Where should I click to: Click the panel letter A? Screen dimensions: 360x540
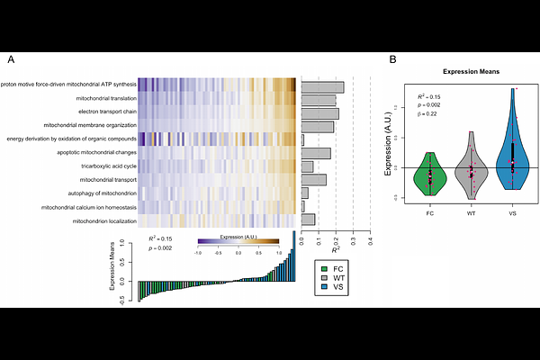[11, 59]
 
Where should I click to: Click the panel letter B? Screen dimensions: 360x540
[392, 59]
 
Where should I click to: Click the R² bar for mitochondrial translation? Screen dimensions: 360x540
[318, 100]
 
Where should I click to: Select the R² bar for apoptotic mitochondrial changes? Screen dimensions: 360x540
[315, 153]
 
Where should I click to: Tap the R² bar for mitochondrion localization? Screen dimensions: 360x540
[308, 220]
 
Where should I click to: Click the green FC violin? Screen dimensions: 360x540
[430, 175]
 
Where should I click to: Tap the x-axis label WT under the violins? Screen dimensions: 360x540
[472, 213]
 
